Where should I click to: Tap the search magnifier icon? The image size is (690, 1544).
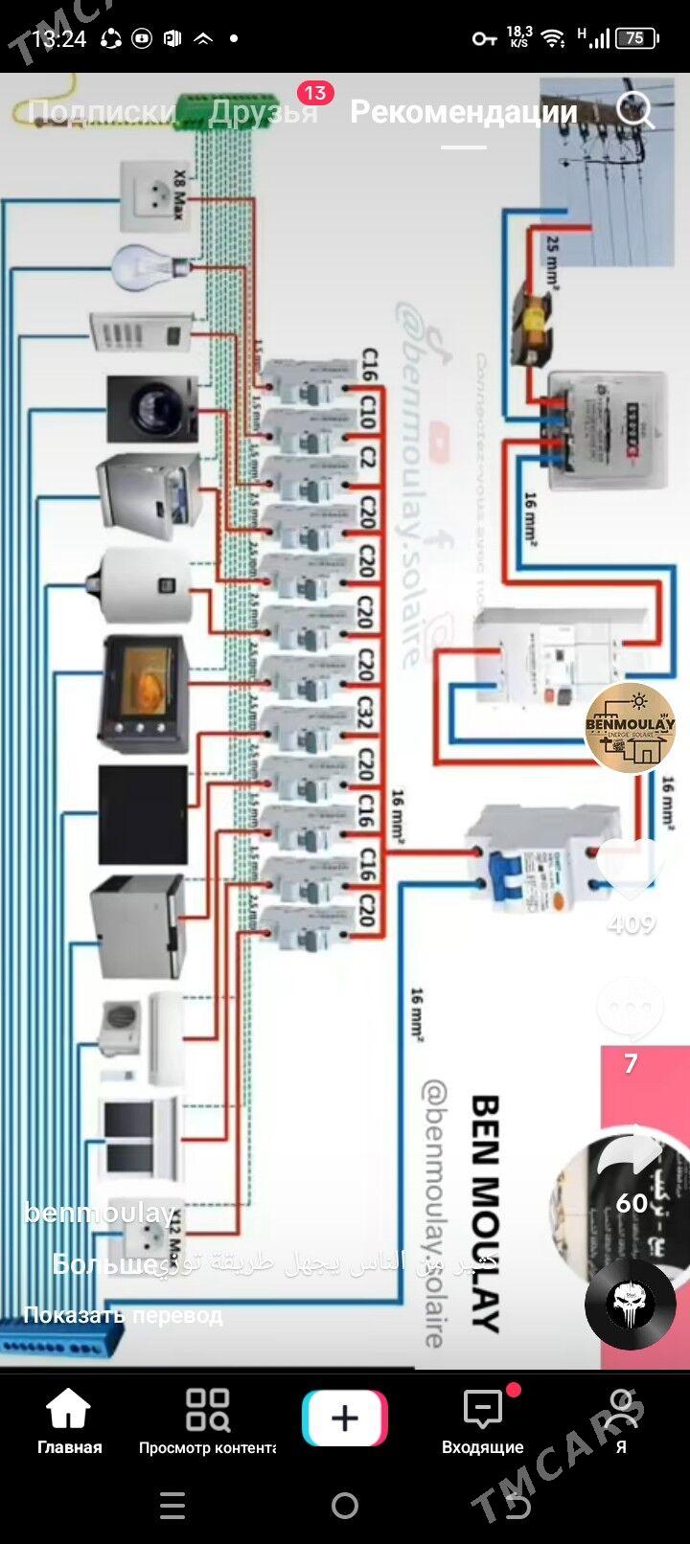tap(635, 110)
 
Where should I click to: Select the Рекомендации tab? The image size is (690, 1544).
tap(464, 112)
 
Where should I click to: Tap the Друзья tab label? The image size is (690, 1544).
tap(263, 112)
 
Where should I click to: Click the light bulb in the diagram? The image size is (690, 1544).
tap(145, 265)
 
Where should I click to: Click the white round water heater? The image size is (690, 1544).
tap(144, 584)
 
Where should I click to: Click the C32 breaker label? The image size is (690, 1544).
tap(365, 712)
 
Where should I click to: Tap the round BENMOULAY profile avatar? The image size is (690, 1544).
tap(631, 728)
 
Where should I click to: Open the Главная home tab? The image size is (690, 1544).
tap(69, 1421)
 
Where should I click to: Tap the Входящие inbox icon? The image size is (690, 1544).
tap(482, 1421)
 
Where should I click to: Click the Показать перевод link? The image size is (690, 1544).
tap(123, 1315)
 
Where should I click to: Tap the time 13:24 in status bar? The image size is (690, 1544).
tap(59, 38)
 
